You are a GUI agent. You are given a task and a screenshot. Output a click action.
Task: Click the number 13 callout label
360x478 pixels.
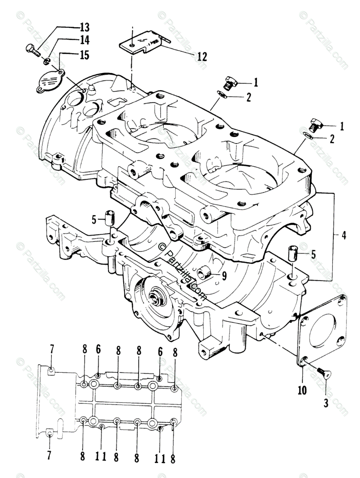point(84,27)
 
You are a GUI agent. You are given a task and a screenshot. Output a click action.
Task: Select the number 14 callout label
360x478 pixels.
point(84,40)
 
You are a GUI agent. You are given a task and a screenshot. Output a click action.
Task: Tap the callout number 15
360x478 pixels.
point(84,55)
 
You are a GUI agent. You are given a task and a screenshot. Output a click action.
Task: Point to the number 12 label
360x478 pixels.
point(202,56)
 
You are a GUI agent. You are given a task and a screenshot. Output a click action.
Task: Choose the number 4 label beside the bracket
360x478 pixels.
point(344,235)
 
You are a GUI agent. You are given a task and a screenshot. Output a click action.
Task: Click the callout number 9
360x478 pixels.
point(224,275)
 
